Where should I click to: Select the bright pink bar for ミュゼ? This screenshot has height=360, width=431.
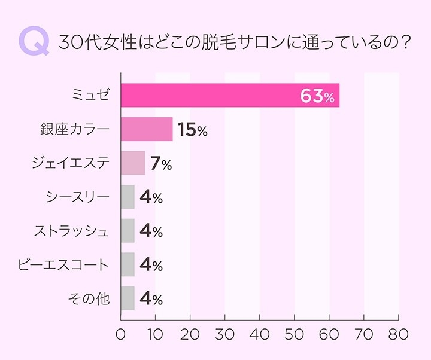click(x=230, y=96)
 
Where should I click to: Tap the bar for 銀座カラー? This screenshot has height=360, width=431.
click(x=147, y=129)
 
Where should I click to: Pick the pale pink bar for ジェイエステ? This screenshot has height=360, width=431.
click(x=133, y=163)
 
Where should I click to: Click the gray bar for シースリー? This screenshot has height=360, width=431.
click(x=128, y=197)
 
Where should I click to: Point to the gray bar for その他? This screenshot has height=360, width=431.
click(x=128, y=298)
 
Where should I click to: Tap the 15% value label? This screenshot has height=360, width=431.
click(x=192, y=130)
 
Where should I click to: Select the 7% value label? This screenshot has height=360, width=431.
click(x=160, y=164)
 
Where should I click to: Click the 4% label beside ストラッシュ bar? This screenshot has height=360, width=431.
click(x=151, y=231)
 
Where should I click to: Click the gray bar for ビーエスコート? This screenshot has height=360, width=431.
click(x=128, y=264)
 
